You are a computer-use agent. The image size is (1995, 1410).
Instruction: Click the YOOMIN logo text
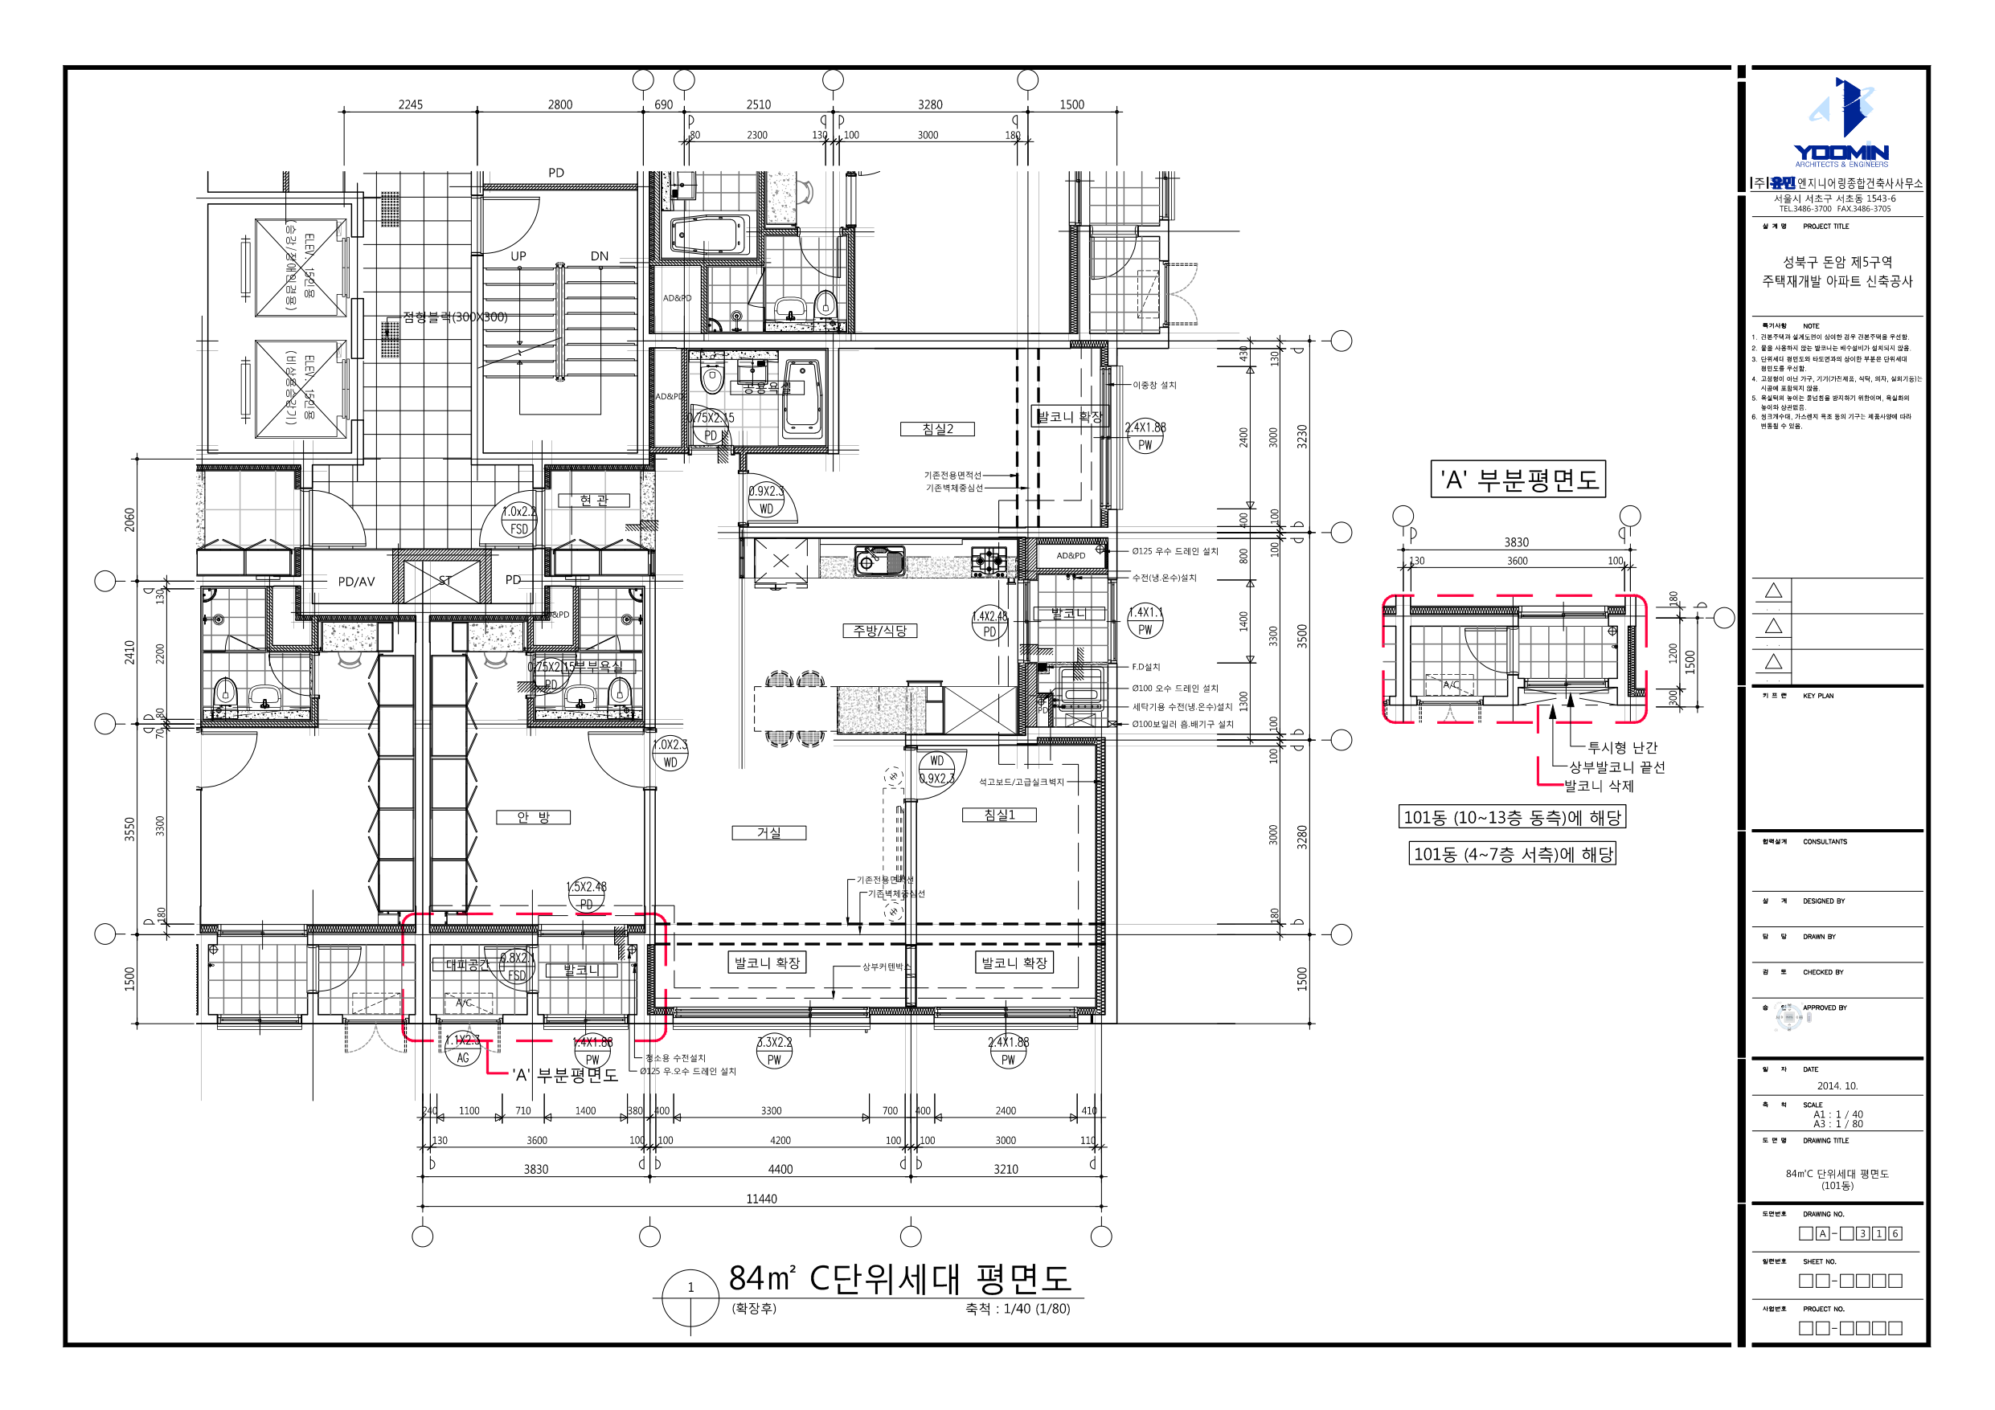[x=1841, y=153]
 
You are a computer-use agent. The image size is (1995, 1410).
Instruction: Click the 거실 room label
[x=769, y=832]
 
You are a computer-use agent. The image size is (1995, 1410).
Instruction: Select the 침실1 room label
[x=999, y=815]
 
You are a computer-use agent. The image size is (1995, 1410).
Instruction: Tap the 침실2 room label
[x=937, y=429]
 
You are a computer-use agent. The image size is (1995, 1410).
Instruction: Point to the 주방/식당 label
[x=879, y=631]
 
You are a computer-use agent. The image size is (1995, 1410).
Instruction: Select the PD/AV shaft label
[x=356, y=581]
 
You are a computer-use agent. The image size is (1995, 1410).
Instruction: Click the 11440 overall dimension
[x=761, y=1199]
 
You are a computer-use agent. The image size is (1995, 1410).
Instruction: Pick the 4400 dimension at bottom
[x=780, y=1169]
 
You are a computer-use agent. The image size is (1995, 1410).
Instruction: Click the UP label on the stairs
[x=518, y=256]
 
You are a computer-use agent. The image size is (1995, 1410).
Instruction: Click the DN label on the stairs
[x=600, y=256]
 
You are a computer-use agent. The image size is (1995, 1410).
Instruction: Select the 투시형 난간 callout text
[x=1622, y=747]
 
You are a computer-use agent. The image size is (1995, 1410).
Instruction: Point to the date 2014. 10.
[x=1837, y=1086]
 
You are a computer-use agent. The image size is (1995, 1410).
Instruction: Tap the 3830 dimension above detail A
[x=1516, y=542]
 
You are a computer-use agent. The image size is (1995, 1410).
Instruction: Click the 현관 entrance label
[x=594, y=501]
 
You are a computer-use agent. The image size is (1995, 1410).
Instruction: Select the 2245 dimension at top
[x=410, y=105]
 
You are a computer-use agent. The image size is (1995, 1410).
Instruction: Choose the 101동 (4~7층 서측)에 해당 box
[x=1513, y=854]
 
